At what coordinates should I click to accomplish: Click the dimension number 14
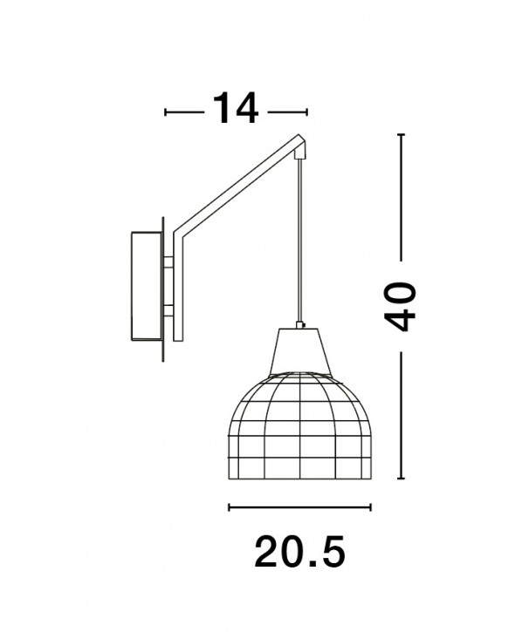tap(236, 108)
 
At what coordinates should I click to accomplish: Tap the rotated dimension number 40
tap(400, 307)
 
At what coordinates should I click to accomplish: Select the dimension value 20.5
tap(300, 551)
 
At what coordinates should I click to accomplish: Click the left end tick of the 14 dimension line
tap(166, 112)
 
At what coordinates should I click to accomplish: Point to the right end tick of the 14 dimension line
tap(307, 112)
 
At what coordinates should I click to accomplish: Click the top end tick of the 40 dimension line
tap(401, 134)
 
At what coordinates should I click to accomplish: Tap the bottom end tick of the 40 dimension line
tap(401, 479)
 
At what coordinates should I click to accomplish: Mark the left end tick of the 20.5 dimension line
tap(230, 507)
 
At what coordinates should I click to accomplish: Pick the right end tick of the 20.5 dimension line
tap(370, 507)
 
